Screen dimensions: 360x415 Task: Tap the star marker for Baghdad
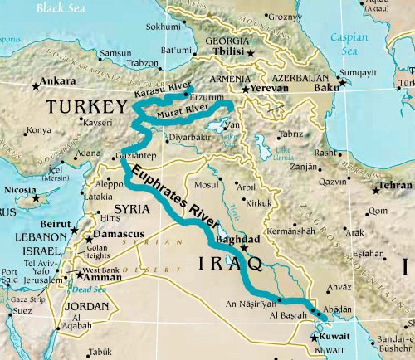click(244, 248)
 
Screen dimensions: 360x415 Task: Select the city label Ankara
click(58, 81)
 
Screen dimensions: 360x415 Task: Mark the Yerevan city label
click(270, 86)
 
